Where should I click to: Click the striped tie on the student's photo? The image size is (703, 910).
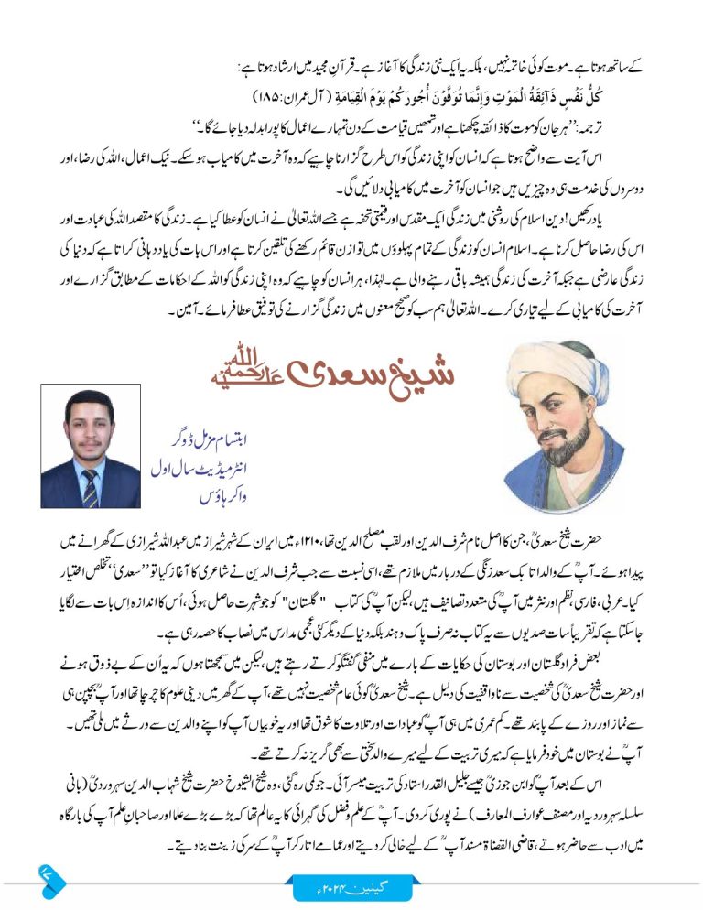(90, 483)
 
